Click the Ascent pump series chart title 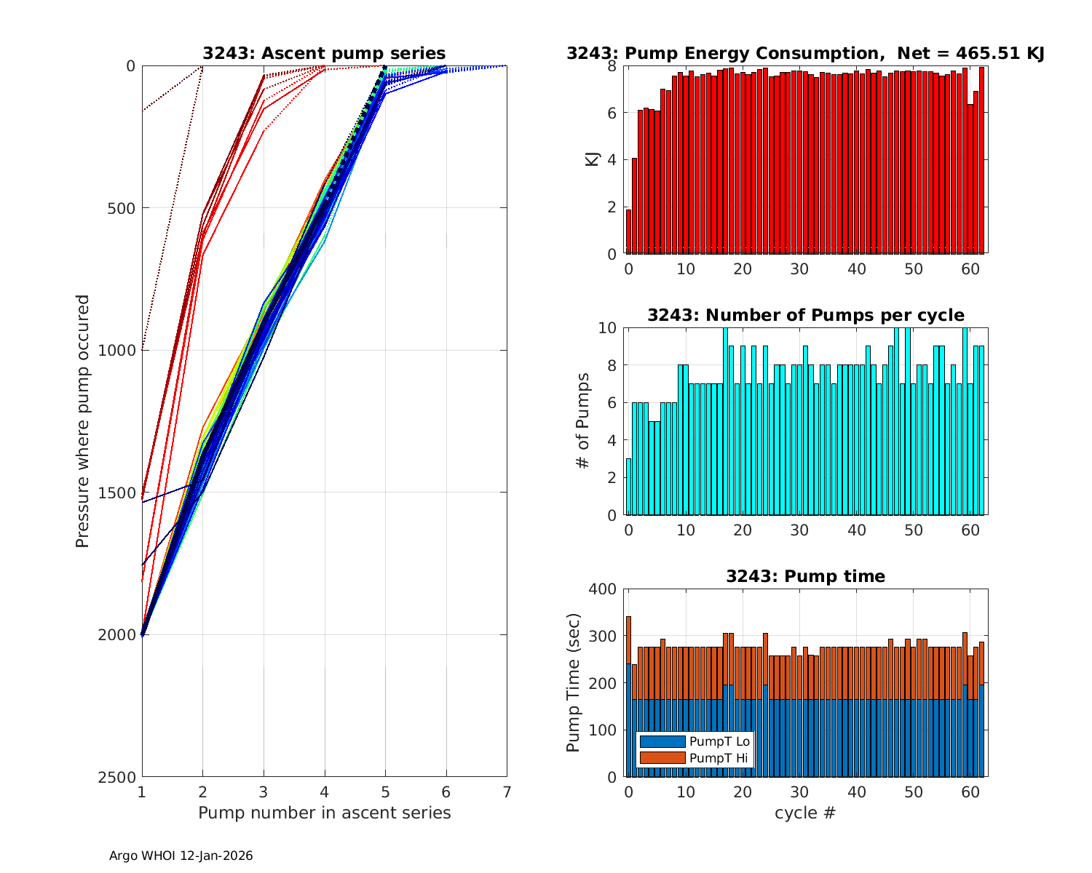click(x=324, y=53)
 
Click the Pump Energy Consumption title click(x=805, y=53)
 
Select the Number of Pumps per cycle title click(x=805, y=315)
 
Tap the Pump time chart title click(x=805, y=576)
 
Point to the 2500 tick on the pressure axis click(x=121, y=777)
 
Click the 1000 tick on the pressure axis click(x=121, y=350)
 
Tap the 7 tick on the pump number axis click(x=507, y=792)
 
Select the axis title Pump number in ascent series click(x=324, y=813)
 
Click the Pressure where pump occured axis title click(x=82, y=420)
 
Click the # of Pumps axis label click(x=582, y=420)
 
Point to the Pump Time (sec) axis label click(x=574, y=682)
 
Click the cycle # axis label click(x=805, y=813)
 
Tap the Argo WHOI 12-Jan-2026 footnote click(x=181, y=856)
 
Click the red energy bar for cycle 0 click(x=629, y=231)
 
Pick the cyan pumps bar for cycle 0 click(x=629, y=487)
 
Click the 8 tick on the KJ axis click(x=612, y=66)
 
